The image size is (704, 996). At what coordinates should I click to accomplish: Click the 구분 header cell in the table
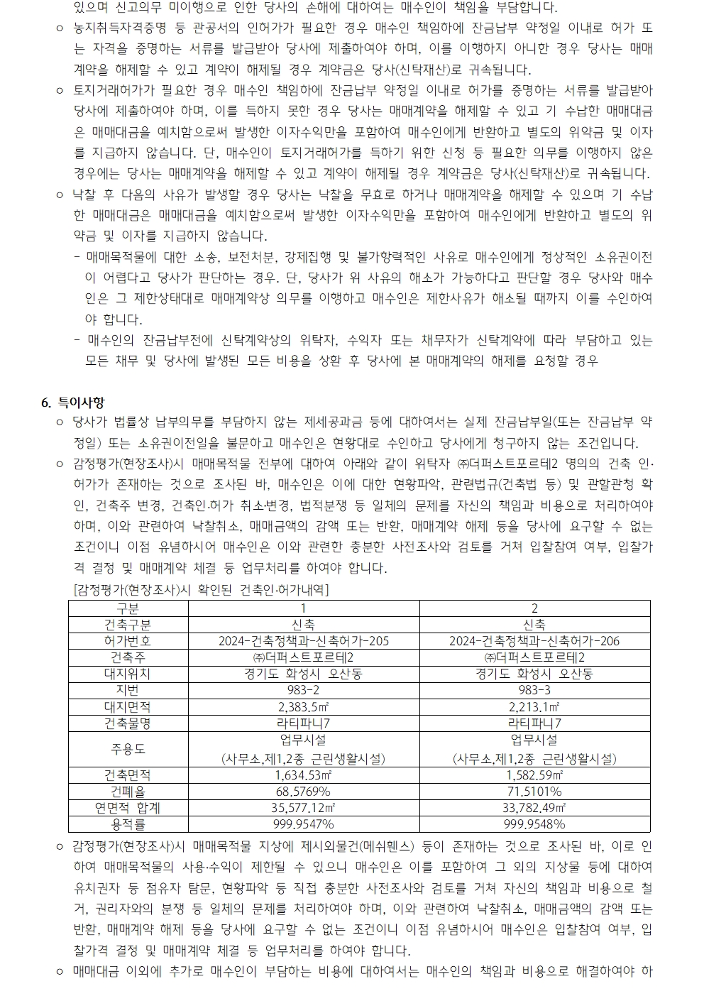[x=128, y=608]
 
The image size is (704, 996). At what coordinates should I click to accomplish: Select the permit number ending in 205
[x=304, y=641]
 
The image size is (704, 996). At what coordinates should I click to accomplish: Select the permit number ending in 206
[x=534, y=641]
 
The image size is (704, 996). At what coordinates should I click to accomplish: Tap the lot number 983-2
[x=303, y=689]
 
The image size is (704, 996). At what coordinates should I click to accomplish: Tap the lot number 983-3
[x=534, y=689]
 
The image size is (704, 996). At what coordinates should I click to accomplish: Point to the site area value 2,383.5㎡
[x=303, y=706]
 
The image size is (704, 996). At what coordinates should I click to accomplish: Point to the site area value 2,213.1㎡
[x=534, y=706]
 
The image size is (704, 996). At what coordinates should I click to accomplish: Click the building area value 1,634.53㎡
[x=303, y=775]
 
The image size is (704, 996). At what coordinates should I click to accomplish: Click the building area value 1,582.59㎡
[x=534, y=775]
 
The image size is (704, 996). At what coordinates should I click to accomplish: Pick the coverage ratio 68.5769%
[x=303, y=791]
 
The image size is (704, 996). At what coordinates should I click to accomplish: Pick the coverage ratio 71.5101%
[x=534, y=791]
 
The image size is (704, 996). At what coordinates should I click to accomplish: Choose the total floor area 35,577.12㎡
[x=303, y=807]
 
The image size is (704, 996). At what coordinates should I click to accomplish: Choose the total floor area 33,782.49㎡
[x=534, y=807]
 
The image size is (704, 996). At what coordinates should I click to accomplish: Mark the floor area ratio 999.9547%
[x=303, y=823]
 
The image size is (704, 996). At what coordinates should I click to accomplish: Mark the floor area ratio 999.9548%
[x=534, y=823]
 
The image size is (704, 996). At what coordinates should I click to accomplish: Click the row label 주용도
[x=128, y=749]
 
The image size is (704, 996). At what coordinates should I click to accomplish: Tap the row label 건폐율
[x=128, y=791]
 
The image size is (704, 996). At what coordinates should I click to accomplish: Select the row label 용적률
[x=128, y=823]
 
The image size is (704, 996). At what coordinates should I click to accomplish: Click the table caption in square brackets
[x=201, y=589]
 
